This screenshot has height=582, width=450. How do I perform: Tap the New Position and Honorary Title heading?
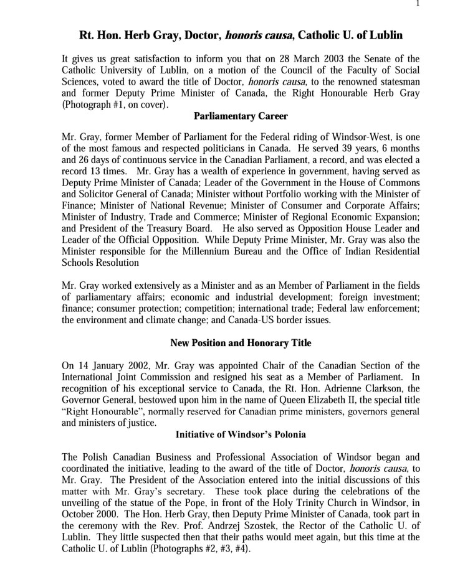(x=241, y=343)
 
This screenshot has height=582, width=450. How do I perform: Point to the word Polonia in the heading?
(x=286, y=434)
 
